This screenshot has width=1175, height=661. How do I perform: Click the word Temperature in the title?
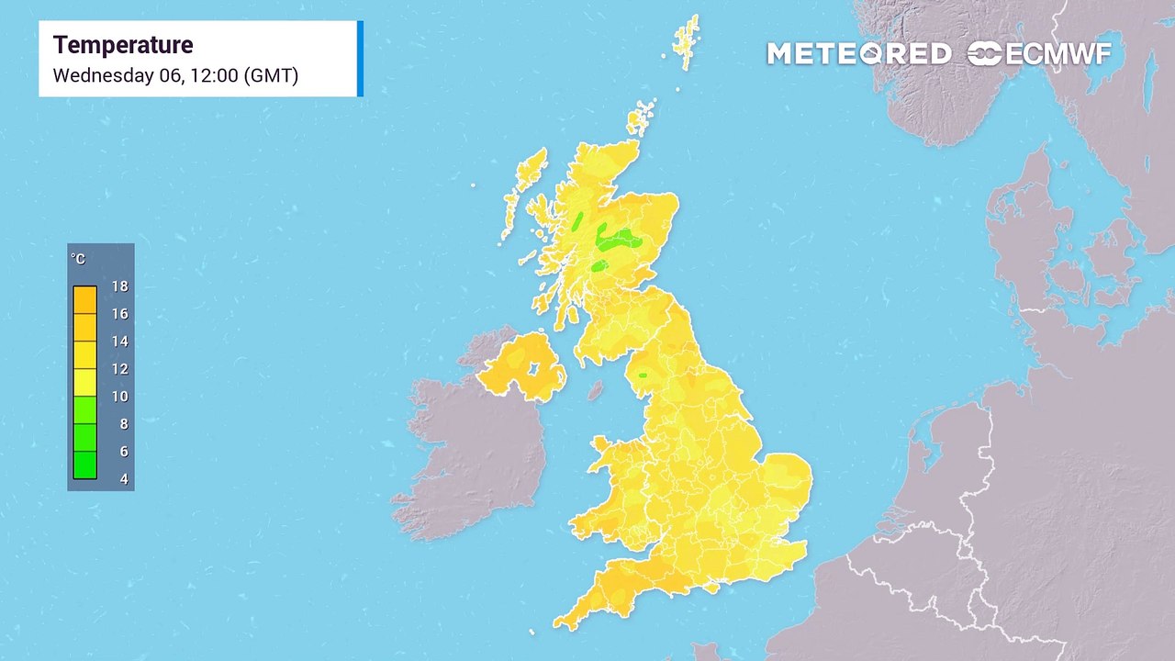point(123,45)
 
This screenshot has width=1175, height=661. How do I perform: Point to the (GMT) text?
point(271,75)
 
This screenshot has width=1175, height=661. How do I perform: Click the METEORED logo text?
point(858,54)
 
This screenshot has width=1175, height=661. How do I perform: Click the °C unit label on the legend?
point(78,260)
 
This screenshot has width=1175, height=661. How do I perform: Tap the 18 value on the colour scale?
point(119,286)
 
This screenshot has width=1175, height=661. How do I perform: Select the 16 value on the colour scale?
point(119,314)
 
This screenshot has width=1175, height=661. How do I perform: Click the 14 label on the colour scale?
point(119,342)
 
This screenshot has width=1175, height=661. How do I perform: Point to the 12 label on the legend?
point(119,369)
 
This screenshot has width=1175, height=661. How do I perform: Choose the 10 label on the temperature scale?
point(119,397)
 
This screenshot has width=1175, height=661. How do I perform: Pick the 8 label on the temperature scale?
point(123,424)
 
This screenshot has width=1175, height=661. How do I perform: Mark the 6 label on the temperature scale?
point(123,452)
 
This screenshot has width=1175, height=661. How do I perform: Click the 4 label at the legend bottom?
point(123,479)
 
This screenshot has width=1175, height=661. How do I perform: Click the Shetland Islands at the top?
point(687,41)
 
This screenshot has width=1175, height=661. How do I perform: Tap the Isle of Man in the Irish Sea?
point(596,390)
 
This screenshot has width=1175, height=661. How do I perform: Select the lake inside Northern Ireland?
point(532,369)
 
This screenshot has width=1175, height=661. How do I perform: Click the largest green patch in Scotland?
point(619,241)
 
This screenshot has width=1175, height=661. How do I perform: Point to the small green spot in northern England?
point(643,375)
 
